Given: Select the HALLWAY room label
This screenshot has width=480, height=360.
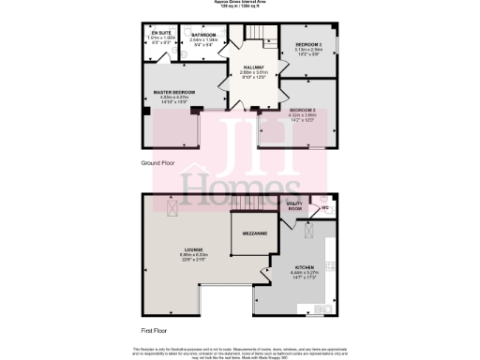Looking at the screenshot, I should [x=253, y=67].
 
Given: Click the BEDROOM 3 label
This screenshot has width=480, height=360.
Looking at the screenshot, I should [x=308, y=44].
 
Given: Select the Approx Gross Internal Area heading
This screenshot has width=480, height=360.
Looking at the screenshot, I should [x=239, y=4].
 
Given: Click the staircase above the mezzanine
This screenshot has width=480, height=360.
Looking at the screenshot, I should [x=248, y=205].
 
